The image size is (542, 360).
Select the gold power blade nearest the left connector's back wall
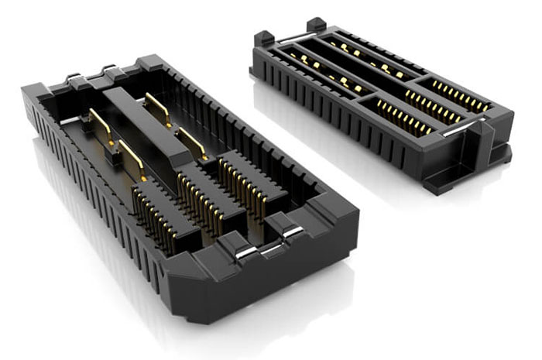tap(158, 109)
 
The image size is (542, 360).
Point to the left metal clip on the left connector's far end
tap(74, 77)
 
